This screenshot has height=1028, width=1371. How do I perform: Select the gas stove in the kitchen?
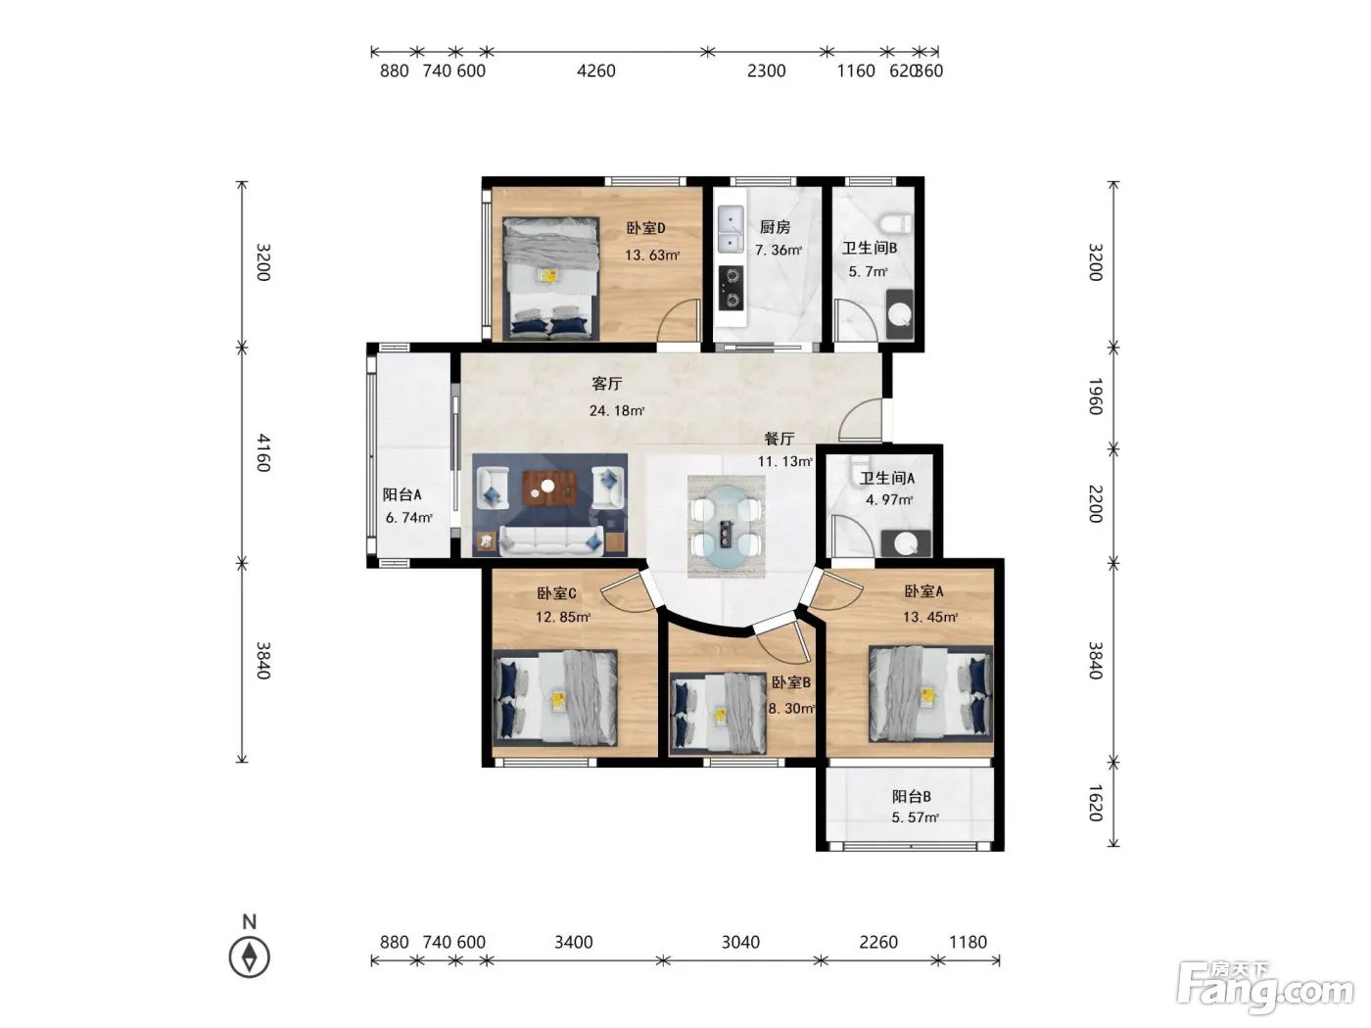click(x=731, y=288)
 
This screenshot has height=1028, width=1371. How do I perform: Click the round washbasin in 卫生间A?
click(x=905, y=544)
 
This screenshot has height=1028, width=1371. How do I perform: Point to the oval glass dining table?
click(x=726, y=526)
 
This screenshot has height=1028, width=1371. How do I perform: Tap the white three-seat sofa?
click(x=551, y=540)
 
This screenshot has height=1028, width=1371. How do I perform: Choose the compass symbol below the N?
click(x=249, y=958)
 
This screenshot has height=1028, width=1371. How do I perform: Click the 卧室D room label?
click(x=645, y=228)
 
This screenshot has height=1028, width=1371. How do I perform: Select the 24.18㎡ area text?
click(x=617, y=410)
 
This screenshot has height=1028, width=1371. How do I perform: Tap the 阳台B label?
click(x=912, y=796)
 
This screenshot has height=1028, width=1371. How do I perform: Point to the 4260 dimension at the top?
click(x=595, y=70)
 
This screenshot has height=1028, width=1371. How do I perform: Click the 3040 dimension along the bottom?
click(x=740, y=942)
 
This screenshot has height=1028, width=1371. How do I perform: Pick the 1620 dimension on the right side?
click(x=1096, y=803)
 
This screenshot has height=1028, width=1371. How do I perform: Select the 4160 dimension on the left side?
click(x=263, y=453)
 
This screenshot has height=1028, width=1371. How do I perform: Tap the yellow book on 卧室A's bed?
click(x=928, y=696)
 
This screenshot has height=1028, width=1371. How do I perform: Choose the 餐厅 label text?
click(x=779, y=439)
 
